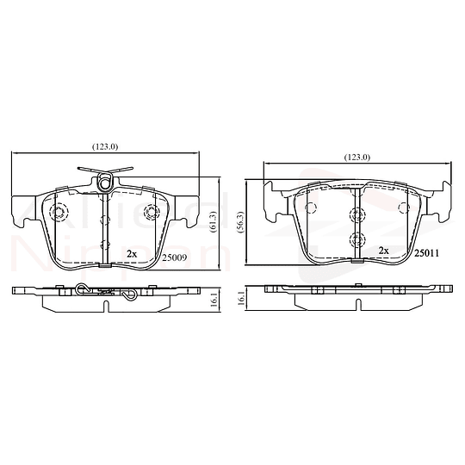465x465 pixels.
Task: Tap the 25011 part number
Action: (426, 252)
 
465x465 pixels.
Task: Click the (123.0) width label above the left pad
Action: (107, 146)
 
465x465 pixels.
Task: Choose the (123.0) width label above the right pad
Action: (356, 157)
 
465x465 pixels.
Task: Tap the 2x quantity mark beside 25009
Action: (131, 253)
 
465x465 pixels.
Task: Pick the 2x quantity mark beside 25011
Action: (384, 251)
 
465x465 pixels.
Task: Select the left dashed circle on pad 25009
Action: (59, 213)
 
